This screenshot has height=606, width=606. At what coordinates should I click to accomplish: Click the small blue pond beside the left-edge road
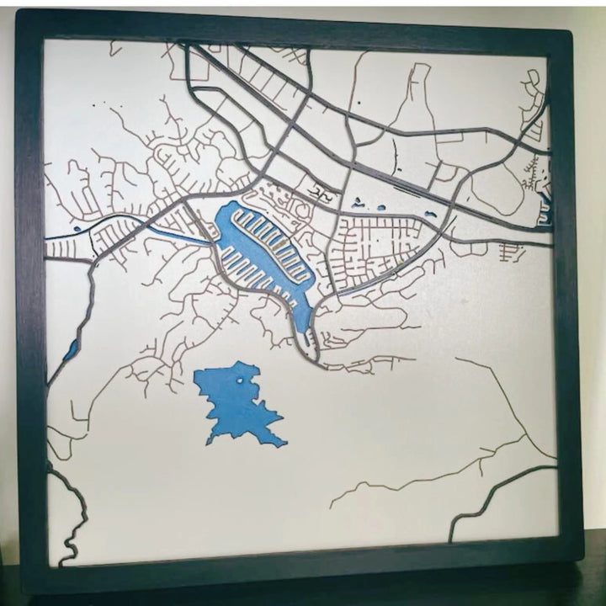click(x=70, y=348)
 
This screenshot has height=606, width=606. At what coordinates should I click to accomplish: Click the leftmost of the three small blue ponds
click(x=357, y=201)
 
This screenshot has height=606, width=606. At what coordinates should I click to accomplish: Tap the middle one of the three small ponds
click(x=381, y=207)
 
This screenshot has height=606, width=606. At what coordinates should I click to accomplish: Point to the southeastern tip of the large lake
click(x=284, y=442)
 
